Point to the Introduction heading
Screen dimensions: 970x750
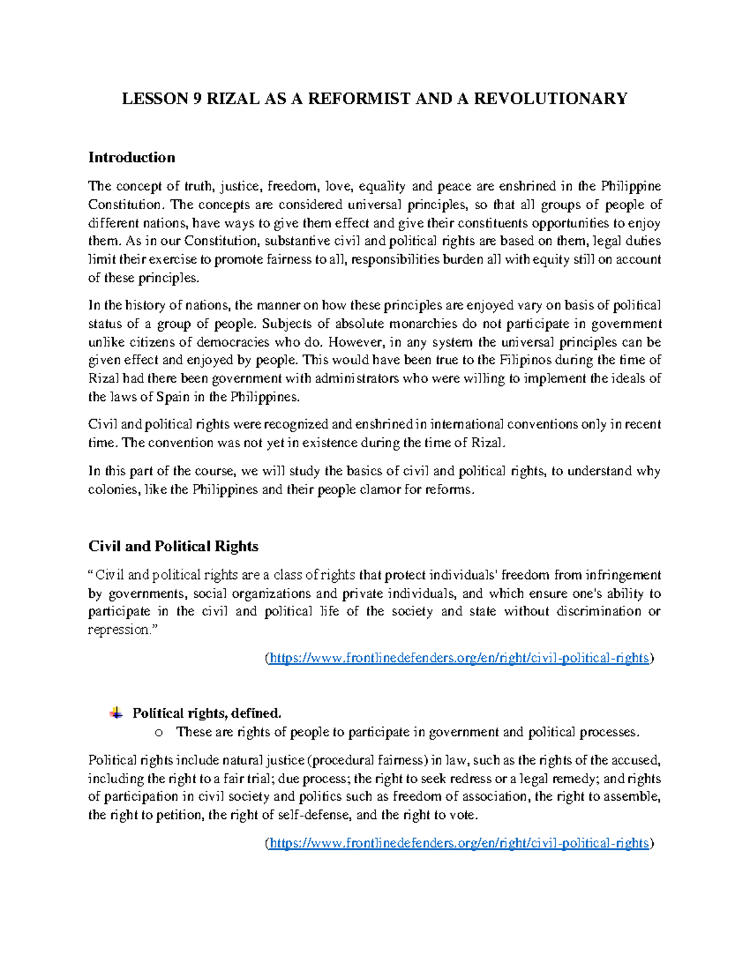click(x=131, y=157)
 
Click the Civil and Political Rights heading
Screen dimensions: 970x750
click(x=173, y=547)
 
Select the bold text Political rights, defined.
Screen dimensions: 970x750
click(x=207, y=713)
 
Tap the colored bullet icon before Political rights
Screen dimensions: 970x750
click(x=116, y=713)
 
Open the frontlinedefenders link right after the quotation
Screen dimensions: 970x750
click(x=459, y=658)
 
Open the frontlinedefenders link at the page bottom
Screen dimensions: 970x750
click(x=459, y=843)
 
